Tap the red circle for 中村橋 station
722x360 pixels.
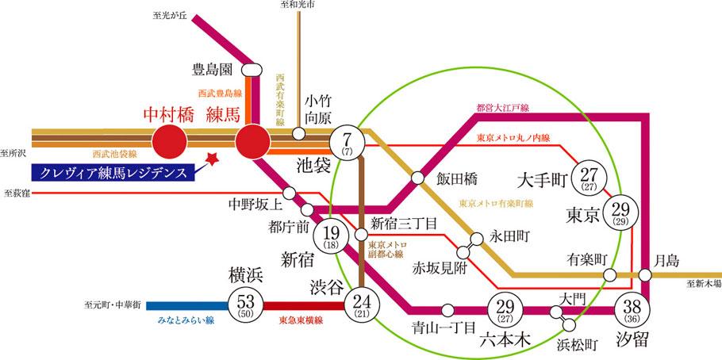click(168, 142)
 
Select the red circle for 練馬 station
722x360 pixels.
click(253, 142)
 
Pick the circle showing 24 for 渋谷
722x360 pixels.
click(362, 303)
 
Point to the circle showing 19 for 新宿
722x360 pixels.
click(332, 236)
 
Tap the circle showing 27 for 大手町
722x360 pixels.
click(590, 180)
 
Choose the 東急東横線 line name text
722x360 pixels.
click(299, 321)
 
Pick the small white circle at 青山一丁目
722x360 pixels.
click(449, 309)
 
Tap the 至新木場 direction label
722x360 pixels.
click(704, 283)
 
